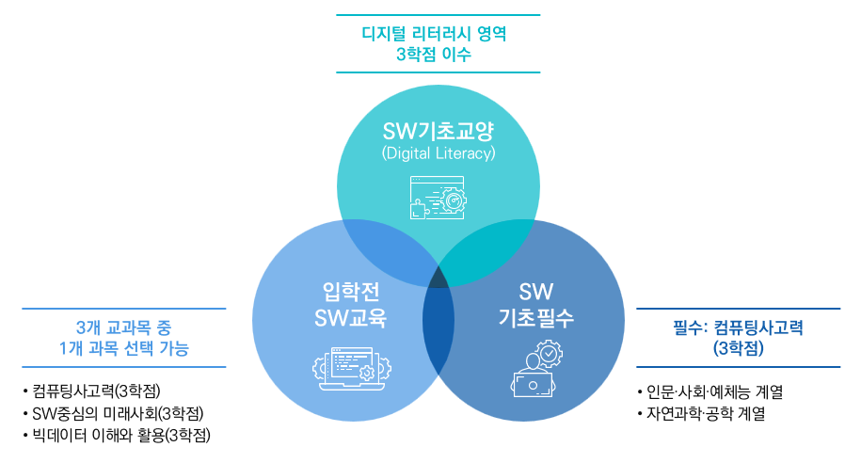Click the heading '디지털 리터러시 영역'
[434, 34]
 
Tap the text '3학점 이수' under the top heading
[434, 55]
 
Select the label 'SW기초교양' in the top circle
[438, 131]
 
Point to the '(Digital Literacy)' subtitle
[438, 152]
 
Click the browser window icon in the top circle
[438, 198]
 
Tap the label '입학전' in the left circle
[351, 291]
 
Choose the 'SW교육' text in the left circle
[350, 318]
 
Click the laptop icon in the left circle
[351, 369]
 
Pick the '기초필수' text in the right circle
[536, 318]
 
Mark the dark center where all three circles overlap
[438, 278]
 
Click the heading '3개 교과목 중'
[123, 327]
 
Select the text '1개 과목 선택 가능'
[123, 348]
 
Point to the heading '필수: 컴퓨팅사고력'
[738, 327]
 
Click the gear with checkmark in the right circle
[549, 354]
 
